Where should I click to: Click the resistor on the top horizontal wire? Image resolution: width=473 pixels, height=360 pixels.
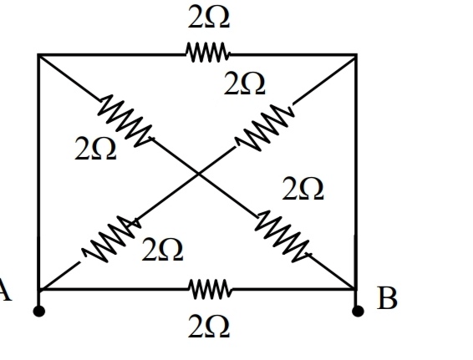tap(207, 53)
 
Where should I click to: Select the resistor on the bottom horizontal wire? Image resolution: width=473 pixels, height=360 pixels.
tap(211, 289)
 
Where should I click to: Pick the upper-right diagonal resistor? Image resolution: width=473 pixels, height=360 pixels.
tap(265, 127)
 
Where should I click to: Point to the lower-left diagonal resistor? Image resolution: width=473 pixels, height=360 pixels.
tap(110, 239)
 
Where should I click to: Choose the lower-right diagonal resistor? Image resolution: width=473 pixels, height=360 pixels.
tap(283, 236)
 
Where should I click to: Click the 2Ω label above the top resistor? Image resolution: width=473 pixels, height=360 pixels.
tap(209, 18)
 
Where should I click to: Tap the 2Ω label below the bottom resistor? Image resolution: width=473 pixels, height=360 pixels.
tap(209, 327)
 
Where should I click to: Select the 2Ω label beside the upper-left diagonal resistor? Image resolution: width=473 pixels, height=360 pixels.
tap(95, 148)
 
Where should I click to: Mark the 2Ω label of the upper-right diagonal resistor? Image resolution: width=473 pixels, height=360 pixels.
tap(244, 84)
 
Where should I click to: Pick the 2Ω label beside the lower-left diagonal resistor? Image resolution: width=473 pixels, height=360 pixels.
tap(162, 250)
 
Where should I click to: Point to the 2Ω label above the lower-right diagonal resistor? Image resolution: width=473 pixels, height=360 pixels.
tap(303, 189)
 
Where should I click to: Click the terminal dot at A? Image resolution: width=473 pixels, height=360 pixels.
tap(39, 311)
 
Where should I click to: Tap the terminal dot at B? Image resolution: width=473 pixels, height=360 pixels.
tap(358, 311)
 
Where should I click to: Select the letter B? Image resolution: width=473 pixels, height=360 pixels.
tap(387, 298)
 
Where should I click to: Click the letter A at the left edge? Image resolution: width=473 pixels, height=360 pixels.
tap(5, 290)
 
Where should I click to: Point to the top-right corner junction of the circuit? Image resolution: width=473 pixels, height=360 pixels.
tap(356, 55)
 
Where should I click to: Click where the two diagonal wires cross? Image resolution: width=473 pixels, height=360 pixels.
tap(199, 174)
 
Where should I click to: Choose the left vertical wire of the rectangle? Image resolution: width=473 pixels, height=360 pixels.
tap(39, 172)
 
